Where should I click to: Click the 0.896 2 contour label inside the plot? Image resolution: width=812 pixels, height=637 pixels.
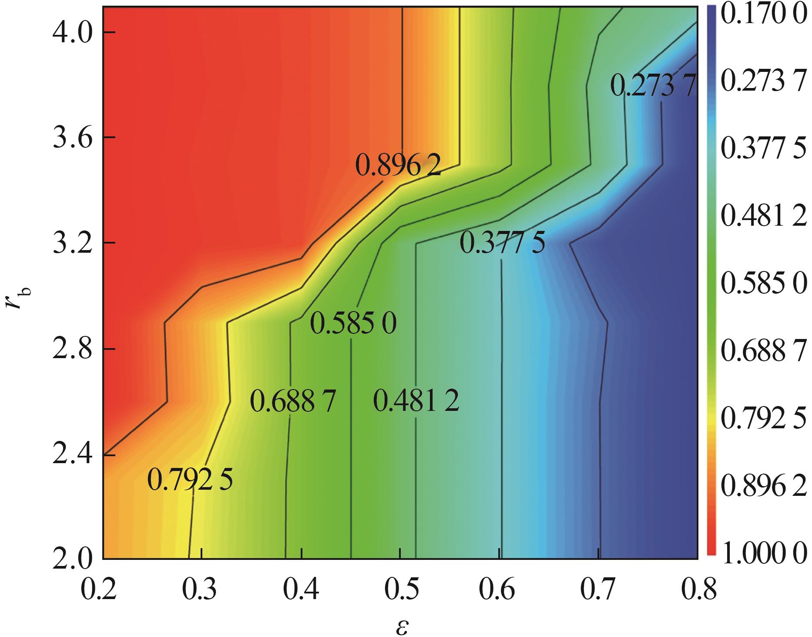398,166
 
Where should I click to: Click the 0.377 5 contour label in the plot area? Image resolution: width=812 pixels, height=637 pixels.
502,243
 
